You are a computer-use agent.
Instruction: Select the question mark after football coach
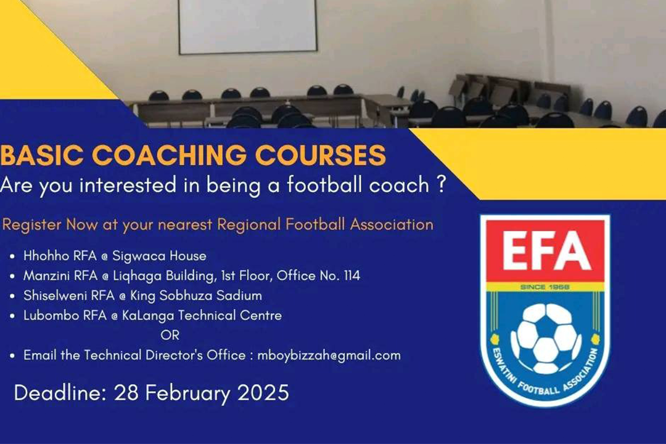pyautogui.click(x=441, y=185)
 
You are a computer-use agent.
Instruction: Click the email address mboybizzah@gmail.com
pyautogui.click(x=329, y=355)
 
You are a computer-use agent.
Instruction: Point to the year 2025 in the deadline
pyautogui.click(x=263, y=392)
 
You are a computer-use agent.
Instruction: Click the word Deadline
pyautogui.click(x=60, y=392)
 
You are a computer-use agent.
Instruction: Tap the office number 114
pyautogui.click(x=352, y=276)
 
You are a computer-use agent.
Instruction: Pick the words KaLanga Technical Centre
pyautogui.click(x=202, y=316)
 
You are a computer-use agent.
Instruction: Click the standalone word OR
pyautogui.click(x=170, y=335)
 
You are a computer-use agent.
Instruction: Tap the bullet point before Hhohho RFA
pyautogui.click(x=12, y=257)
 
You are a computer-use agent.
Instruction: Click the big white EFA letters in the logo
pyautogui.click(x=546, y=251)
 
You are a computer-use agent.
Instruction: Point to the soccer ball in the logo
pyautogui.click(x=546, y=339)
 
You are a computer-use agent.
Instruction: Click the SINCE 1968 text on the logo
pyautogui.click(x=545, y=287)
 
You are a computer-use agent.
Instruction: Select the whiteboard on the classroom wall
pyautogui.click(x=248, y=27)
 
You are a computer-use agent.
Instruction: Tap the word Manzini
pyautogui.click(x=47, y=276)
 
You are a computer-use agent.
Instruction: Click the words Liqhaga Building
pyautogui.click(x=163, y=276)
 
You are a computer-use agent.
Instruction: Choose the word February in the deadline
pyautogui.click(x=187, y=392)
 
